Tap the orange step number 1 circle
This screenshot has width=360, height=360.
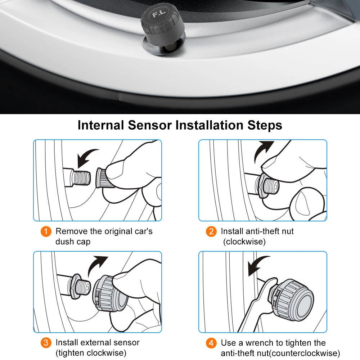coord(46,231)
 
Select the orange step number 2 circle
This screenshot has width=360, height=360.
coord(211,231)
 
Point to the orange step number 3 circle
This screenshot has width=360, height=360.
coord(46,343)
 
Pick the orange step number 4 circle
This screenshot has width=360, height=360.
coord(211,343)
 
